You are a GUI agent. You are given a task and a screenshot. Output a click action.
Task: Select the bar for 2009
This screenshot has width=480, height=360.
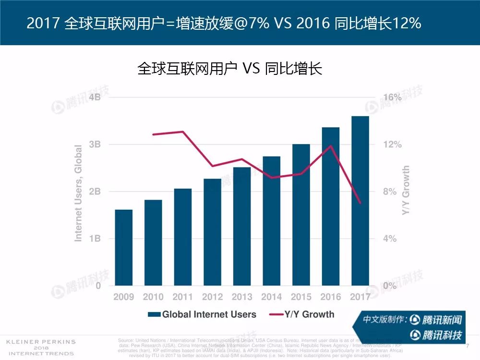[123, 248]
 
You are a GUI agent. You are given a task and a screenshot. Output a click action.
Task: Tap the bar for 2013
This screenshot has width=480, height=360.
[242, 226]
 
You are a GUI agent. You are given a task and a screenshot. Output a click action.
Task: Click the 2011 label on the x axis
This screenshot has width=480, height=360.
[182, 297]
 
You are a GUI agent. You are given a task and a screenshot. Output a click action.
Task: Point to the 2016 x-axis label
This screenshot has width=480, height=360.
[330, 297]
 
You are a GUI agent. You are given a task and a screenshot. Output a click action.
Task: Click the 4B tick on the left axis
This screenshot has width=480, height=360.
[95, 97]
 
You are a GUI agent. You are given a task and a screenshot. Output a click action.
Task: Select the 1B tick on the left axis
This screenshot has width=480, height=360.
[95, 239]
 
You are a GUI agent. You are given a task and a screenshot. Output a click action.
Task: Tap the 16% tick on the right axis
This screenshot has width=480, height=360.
[392, 97]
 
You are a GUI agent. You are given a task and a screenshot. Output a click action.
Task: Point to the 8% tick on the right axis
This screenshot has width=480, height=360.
[390, 192]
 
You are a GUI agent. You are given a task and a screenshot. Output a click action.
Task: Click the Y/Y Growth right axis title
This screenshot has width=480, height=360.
[406, 191]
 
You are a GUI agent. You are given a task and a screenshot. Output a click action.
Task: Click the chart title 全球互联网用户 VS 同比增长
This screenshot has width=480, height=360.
[229, 68]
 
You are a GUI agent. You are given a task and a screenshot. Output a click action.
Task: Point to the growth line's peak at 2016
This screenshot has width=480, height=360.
[330, 145]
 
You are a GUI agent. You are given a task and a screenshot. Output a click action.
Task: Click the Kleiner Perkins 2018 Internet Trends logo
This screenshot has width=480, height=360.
[40, 348]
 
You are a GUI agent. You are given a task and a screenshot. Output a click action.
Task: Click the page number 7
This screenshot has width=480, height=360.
[467, 345]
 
